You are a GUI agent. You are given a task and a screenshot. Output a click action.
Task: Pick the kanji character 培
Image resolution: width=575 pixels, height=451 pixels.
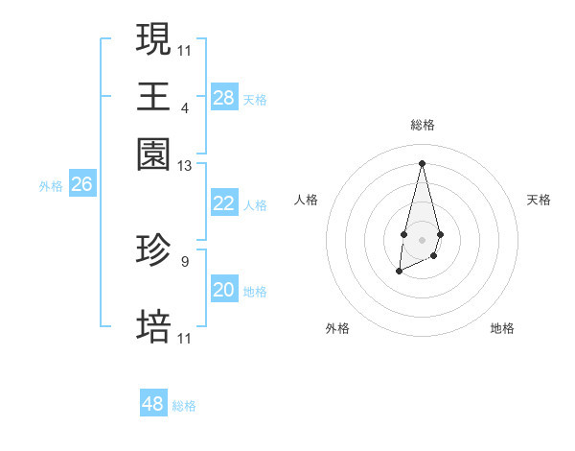pos(154,326)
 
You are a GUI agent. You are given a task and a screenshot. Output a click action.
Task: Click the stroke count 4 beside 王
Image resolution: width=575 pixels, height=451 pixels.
pos(185,107)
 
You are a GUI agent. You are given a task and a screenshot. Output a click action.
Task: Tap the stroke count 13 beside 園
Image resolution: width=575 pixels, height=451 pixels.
pos(185,165)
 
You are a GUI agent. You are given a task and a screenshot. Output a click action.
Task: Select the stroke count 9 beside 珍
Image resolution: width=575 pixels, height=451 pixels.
pos(185,260)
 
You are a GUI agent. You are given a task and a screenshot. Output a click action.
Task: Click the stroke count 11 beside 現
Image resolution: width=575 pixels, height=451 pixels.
pos(185,49)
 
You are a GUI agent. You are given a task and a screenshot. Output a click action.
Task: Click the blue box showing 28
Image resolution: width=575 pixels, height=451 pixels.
pos(223,97)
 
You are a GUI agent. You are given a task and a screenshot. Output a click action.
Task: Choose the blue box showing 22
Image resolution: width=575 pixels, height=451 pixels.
pos(223,203)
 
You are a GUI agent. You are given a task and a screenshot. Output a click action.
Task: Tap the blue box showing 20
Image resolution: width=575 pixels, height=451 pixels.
pos(223,290)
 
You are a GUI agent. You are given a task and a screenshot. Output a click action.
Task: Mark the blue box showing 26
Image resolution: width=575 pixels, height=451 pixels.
pos(81,184)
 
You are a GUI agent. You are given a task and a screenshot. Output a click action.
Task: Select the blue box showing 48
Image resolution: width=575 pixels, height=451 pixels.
pos(153,404)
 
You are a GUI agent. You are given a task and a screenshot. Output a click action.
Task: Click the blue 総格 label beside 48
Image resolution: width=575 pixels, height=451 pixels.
pos(184,406)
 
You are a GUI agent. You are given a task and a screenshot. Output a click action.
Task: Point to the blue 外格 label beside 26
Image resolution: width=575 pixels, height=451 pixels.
pos(51,186)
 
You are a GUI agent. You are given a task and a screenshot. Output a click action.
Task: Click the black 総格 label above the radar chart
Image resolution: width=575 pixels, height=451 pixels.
pos(422,125)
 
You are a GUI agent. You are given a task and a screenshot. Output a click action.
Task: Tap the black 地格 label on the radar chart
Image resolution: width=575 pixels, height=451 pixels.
pos(502,328)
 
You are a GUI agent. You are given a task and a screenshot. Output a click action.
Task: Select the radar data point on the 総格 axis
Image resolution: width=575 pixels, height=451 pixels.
pos(422,162)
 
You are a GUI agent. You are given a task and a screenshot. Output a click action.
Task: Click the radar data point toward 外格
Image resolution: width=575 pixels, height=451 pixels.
pos(399,273)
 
